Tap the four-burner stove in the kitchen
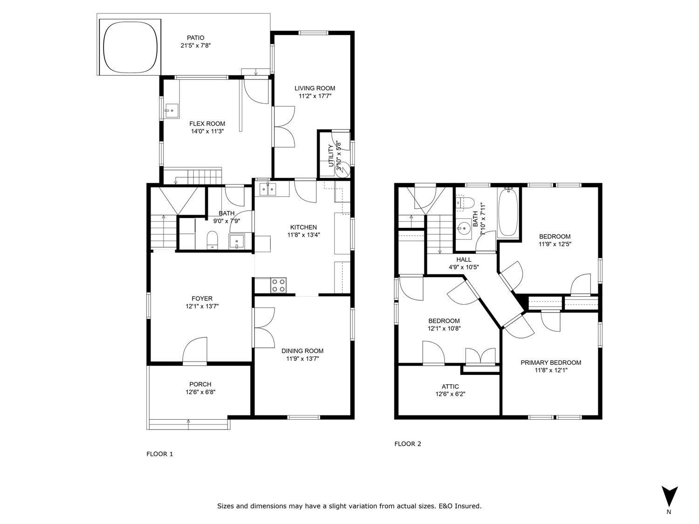(279, 285)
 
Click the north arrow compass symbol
(670, 496)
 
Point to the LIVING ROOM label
(315, 88)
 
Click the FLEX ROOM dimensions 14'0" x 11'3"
(207, 131)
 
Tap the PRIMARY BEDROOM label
(551, 363)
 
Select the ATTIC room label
(450, 387)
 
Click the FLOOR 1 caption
(160, 454)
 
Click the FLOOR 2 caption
(408, 444)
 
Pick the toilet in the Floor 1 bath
(212, 239)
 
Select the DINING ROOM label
(302, 351)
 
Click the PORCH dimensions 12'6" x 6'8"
(200, 392)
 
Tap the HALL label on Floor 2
(464, 259)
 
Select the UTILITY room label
(331, 156)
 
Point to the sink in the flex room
(171, 111)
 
